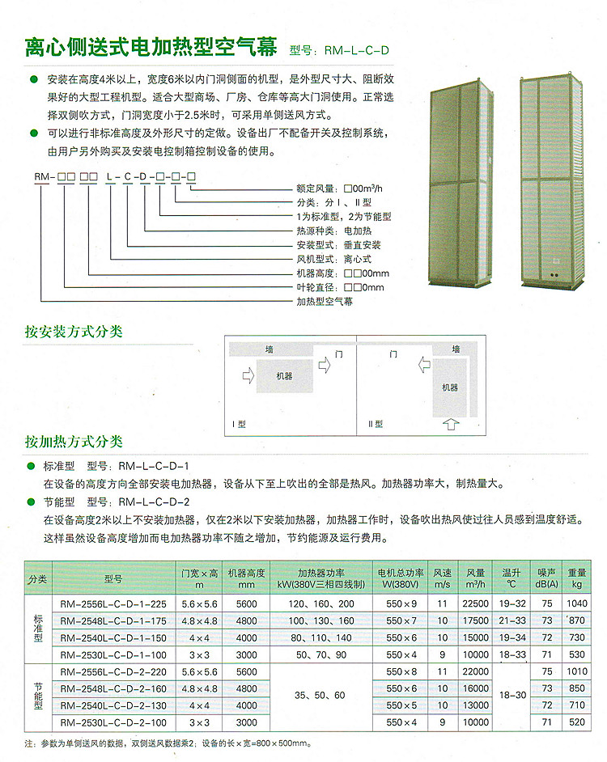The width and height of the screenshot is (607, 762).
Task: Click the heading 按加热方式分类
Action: coord(74,442)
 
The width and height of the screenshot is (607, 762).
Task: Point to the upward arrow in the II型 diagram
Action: coord(451,422)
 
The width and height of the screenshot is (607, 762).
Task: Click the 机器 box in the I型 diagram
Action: coord(284,376)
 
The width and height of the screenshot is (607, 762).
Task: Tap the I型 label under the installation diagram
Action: coord(239,424)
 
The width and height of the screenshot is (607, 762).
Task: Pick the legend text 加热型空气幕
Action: coord(325,301)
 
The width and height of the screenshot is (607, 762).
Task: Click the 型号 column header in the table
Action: coord(113,579)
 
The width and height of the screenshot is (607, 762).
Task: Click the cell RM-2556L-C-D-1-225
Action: coord(113,604)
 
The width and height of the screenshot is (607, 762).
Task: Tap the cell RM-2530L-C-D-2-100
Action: coord(113,723)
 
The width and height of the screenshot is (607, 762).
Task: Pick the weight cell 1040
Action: coord(576,604)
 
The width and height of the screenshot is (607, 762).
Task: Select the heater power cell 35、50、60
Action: coord(320,696)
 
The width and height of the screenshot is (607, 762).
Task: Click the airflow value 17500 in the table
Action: coord(476,620)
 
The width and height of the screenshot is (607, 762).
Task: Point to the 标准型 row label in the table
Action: coord(37,628)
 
